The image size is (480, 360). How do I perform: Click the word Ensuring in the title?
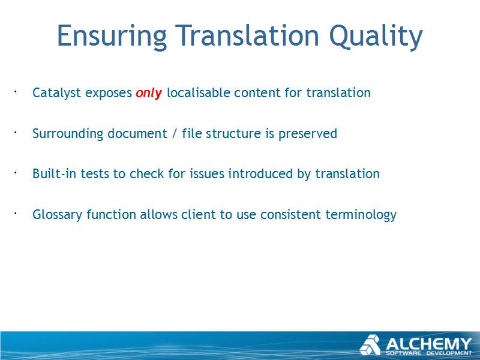coord(112,37)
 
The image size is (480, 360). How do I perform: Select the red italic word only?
coord(149,93)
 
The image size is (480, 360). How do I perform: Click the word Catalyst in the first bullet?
coord(56,93)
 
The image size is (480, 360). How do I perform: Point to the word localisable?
coord(199,92)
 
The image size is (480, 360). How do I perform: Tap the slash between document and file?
coord(175,134)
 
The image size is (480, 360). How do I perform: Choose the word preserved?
coord(308,134)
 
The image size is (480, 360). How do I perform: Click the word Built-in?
coord(55,173)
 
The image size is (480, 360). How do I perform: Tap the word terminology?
coord(361,215)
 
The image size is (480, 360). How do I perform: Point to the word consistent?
coord(290,214)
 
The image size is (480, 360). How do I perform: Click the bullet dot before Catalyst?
coord(14,91)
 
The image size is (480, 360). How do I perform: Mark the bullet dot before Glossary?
coord(14,213)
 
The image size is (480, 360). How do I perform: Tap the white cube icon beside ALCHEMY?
coord(370,345)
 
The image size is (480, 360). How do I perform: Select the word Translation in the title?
coord(247,37)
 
